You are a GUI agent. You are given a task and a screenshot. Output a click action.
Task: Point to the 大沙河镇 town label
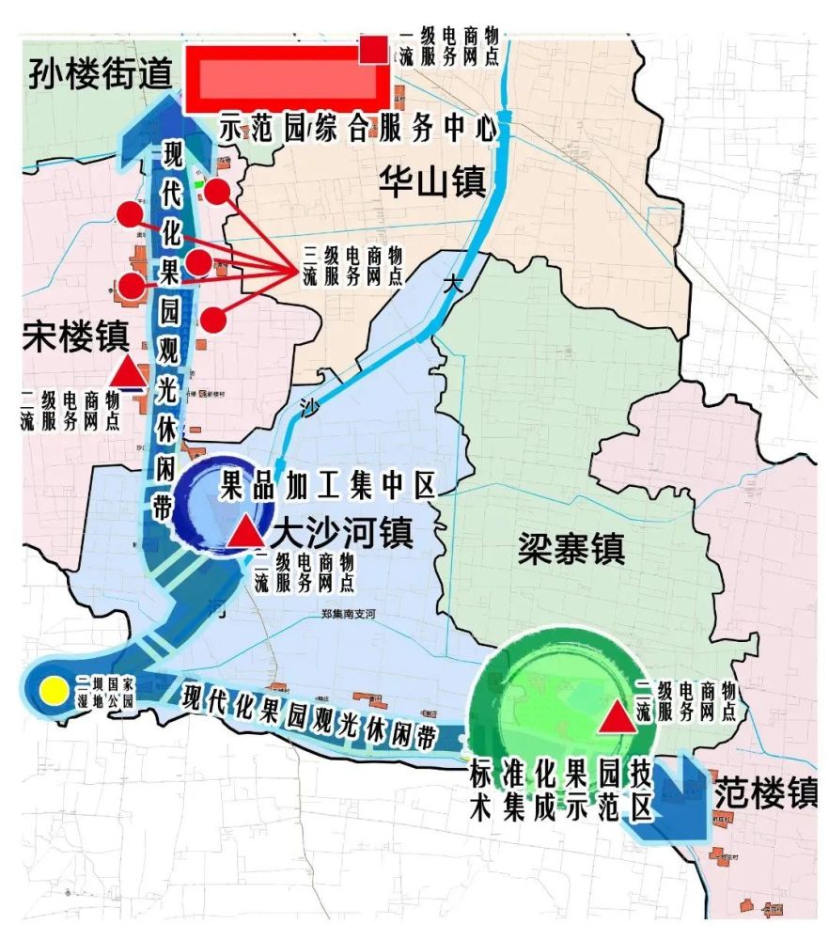pyautogui.click(x=342, y=534)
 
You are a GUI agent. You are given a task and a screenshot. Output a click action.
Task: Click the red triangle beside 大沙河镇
pyautogui.click(x=246, y=531)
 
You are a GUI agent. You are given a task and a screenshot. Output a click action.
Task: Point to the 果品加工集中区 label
pyautogui.click(x=327, y=486)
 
